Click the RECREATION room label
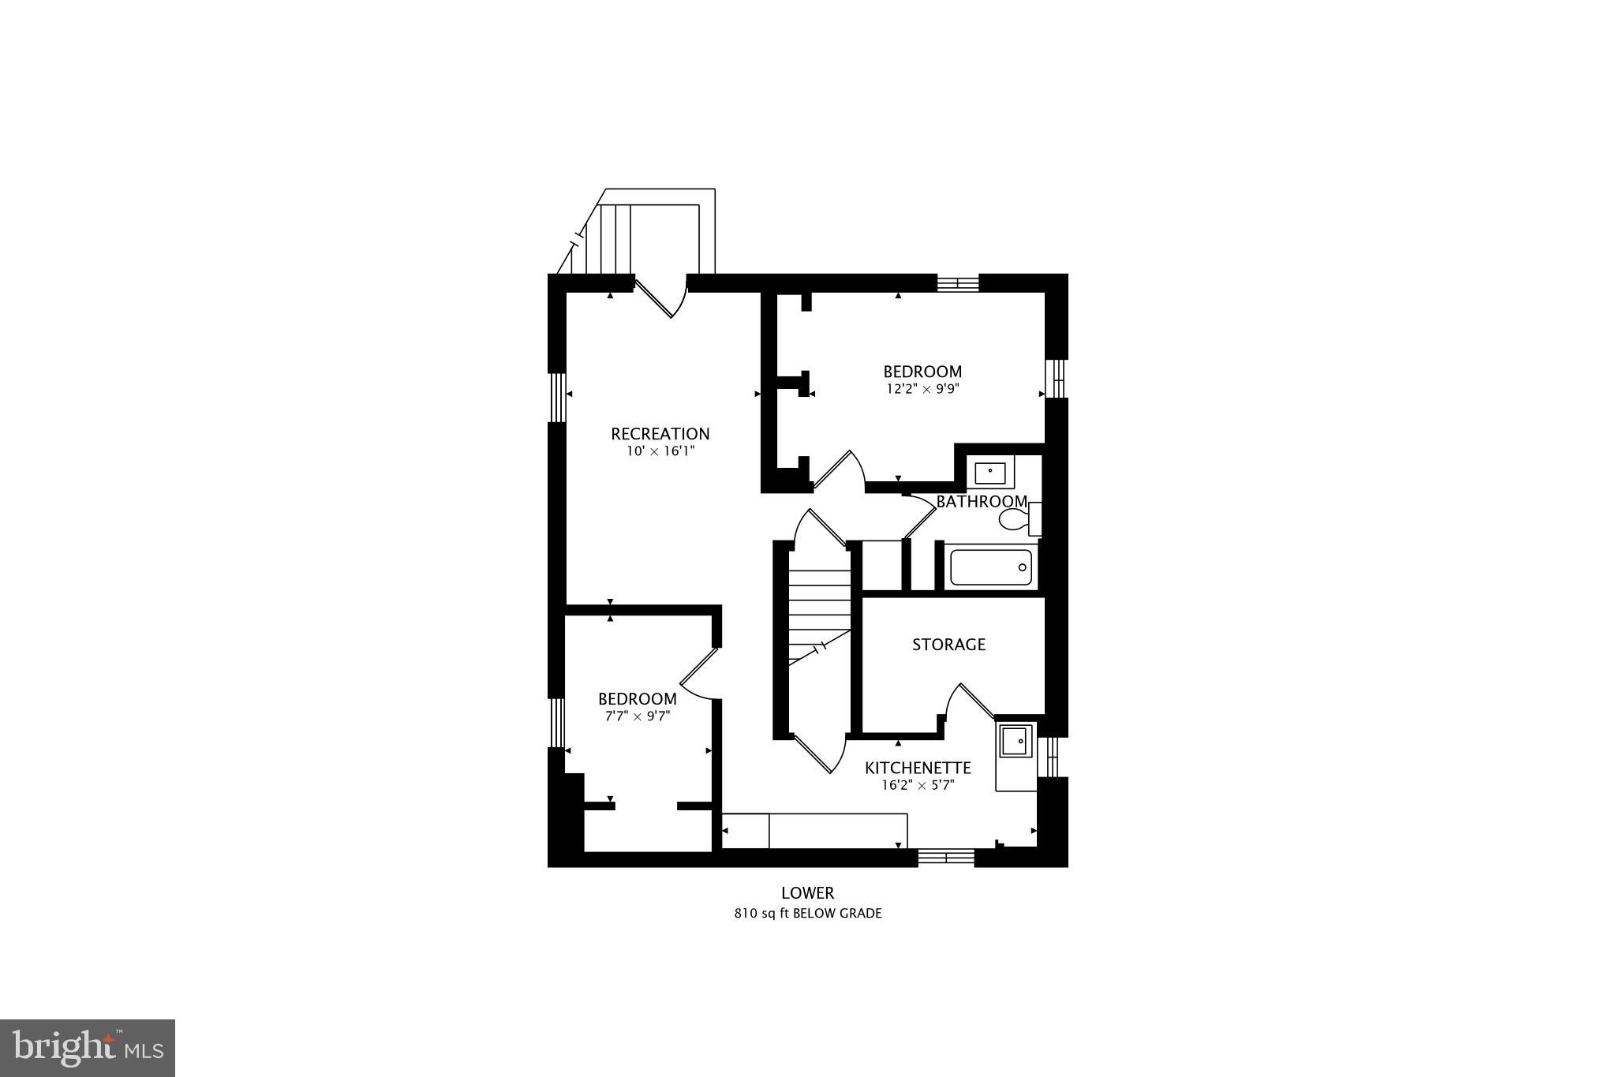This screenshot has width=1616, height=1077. click(x=660, y=434)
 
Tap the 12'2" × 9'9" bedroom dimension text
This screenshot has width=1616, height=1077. click(x=922, y=389)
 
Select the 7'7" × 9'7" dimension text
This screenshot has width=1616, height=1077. click(x=637, y=716)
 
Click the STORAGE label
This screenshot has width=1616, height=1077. click(x=948, y=645)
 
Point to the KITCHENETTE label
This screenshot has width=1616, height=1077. click(x=917, y=768)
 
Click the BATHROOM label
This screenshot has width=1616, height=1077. click(x=981, y=502)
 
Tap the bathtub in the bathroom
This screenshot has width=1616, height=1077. click(x=991, y=567)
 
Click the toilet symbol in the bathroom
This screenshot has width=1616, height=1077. click(x=1017, y=519)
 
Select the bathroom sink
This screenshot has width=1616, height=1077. click(x=989, y=473)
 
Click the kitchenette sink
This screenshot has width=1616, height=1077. click(x=1016, y=742)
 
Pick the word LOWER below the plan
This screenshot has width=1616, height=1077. click(x=807, y=893)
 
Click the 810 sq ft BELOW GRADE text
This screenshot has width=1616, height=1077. click(x=807, y=914)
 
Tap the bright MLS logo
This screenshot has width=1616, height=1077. click(x=87, y=1048)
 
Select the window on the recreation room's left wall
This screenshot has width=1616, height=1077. click(x=557, y=397)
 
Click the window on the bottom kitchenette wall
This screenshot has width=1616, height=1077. click(x=946, y=858)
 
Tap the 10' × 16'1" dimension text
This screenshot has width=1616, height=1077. click(x=660, y=452)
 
